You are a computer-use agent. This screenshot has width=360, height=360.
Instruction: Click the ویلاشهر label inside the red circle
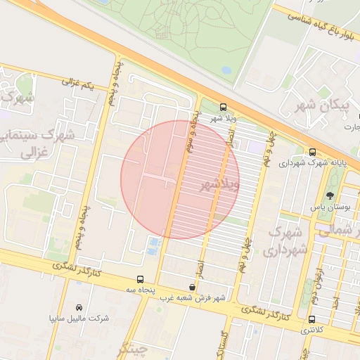coord(220,184)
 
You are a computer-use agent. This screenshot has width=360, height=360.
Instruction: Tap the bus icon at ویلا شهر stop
coord(223,108)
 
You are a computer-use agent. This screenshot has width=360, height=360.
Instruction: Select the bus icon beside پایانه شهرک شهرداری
coord(312,152)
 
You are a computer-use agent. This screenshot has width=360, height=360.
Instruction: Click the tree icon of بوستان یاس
coord(330,196)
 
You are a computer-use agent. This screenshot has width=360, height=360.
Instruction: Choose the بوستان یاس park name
coord(327,208)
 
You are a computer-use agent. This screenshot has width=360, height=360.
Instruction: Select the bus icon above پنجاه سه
coord(141,279)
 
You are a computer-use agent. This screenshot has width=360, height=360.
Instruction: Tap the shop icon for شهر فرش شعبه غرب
coord(193,288)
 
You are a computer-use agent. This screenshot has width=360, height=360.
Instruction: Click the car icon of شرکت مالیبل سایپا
coord(79,307)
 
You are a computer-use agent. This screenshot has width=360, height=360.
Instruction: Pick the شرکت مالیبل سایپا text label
coord(79,318)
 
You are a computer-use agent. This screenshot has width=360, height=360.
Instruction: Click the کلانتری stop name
coord(314,330)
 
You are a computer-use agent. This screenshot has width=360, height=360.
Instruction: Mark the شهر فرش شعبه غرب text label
coord(192,298)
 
